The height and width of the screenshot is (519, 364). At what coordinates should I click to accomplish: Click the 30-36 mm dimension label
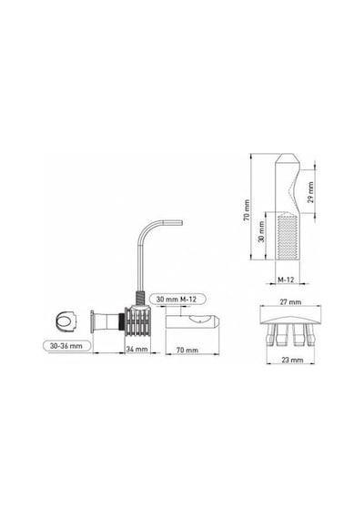[66, 346]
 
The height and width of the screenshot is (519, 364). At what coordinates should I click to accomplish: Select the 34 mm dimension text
[136, 349]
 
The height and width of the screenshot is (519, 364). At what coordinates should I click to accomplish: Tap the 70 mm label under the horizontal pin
[187, 350]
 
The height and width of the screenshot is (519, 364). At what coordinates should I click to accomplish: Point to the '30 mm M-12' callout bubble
[177, 300]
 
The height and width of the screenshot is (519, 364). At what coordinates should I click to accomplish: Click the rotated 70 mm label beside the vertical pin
[247, 210]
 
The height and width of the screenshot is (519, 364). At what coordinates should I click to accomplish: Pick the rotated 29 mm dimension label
[310, 192]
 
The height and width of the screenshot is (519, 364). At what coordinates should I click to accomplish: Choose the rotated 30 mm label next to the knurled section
[261, 231]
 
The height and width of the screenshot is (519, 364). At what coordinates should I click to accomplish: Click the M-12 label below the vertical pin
[286, 280]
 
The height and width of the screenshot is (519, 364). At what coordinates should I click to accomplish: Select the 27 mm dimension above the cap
[290, 302]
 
